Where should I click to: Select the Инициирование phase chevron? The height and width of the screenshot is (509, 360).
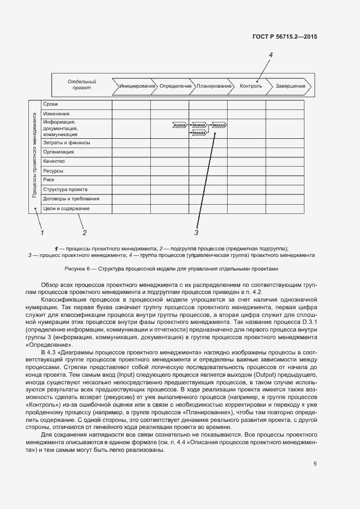coord(134,86)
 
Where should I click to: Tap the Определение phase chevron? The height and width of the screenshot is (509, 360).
coord(175,86)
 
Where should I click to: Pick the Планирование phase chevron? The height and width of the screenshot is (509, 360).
coord(214,86)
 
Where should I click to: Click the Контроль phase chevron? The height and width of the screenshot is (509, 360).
coord(251,86)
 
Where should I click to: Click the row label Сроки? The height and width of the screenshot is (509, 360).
coord(51,104)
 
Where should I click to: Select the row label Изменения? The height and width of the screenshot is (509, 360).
coord(57,113)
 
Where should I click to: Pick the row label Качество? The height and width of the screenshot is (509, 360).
coord(54,161)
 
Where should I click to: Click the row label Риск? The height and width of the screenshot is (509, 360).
coord(49,180)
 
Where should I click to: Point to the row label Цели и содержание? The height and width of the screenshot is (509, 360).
coord(66,208)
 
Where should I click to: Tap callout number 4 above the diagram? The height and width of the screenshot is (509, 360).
coord(271,55)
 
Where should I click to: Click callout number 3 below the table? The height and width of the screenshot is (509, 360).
coord(196,233)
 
